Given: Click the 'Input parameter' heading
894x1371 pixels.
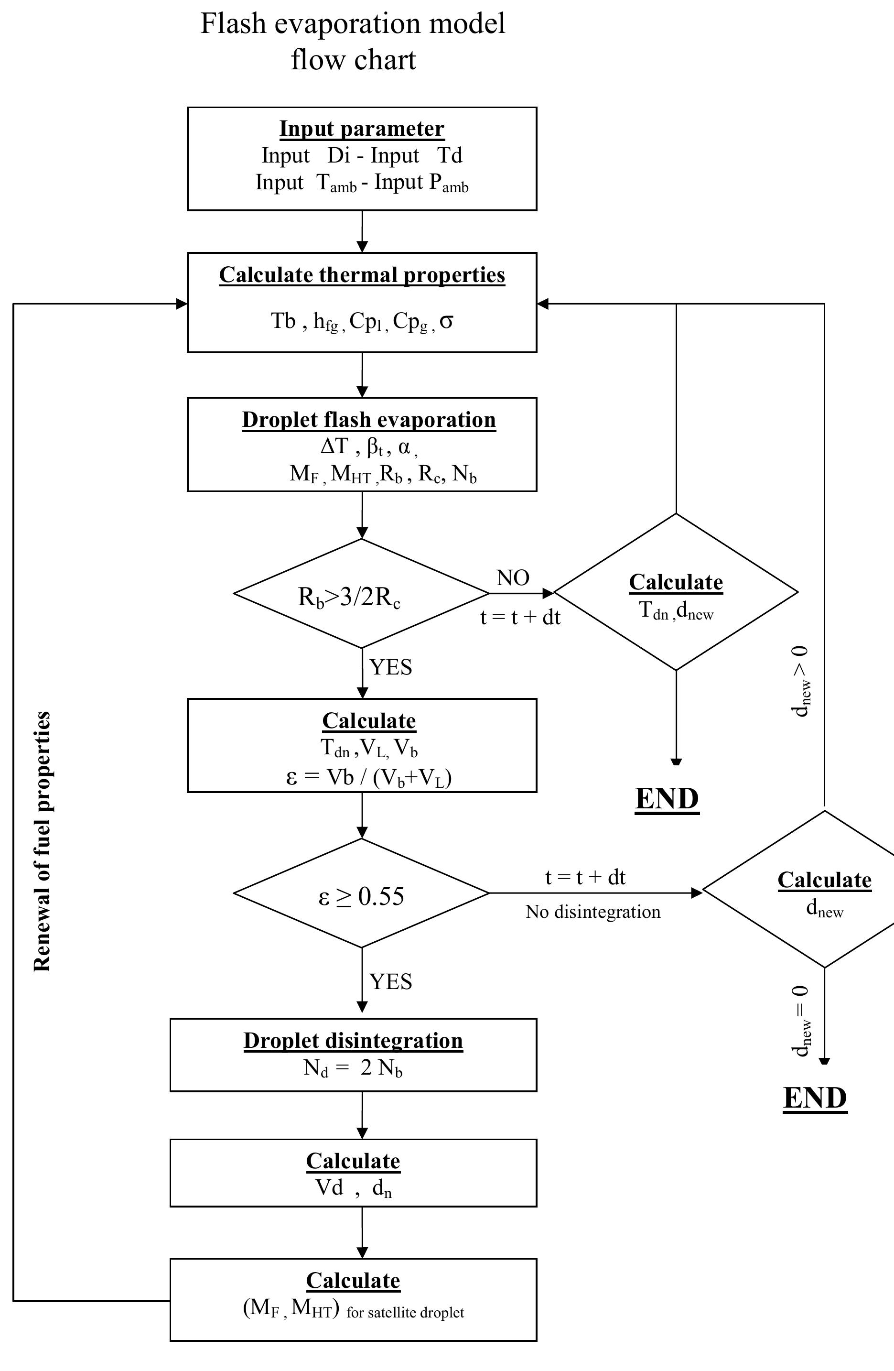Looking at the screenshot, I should pos(362,129).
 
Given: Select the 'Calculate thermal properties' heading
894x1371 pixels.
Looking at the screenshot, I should pos(362,275).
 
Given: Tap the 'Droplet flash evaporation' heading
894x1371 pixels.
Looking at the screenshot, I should pos(368,419).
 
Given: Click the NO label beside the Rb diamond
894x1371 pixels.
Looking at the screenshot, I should pos(512,578).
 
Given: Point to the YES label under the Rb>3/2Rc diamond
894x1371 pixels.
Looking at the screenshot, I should pos(391,667).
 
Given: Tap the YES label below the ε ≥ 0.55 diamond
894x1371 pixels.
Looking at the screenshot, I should pos(391,981).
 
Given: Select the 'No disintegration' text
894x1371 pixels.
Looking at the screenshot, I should pos(593,912).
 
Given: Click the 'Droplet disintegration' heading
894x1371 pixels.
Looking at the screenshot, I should pos(353,1040).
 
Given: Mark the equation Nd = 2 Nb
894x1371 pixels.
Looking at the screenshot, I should pos(353,1068).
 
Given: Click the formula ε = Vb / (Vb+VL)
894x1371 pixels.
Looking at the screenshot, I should pos(368,777).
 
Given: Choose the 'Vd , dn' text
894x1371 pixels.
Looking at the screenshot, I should pos(353,1188).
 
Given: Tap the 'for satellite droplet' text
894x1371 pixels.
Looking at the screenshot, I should pos(405,1313).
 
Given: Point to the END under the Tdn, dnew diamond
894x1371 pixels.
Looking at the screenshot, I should pos(667,799).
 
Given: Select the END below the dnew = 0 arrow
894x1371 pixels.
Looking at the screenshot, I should pos(815,1098).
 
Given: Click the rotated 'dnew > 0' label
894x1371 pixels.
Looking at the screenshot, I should pos(801,682).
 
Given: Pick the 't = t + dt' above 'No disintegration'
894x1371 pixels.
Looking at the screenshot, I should pos(585,877).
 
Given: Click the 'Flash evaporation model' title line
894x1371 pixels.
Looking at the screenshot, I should pos(352,24).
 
